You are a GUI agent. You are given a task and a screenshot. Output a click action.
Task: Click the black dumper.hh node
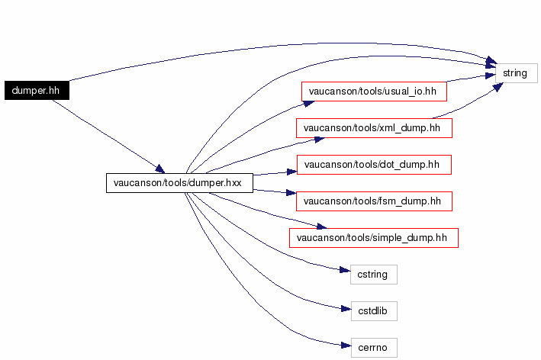coord(36,90)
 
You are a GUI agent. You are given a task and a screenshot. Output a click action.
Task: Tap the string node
coord(516,73)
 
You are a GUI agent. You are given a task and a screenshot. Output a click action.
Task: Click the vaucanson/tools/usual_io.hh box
coord(373,91)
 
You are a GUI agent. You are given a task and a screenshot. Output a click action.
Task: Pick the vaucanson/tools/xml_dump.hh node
coord(374,127)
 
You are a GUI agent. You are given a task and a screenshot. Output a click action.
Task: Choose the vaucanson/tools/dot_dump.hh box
coord(373,164)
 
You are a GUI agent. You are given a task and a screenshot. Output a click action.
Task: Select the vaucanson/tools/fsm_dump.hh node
coord(373,201)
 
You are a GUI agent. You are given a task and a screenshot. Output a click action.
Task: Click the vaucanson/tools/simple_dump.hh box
coord(373,237)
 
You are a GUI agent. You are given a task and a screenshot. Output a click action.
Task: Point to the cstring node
coord(373,274)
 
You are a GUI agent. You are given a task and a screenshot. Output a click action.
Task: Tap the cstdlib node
coord(373,310)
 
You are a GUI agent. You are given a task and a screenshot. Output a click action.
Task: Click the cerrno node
coord(373,347)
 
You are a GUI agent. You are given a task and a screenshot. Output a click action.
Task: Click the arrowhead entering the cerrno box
coord(345,347)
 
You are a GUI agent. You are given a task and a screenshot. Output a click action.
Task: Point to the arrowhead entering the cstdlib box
coord(345,309)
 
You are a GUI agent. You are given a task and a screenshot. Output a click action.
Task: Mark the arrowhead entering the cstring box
coord(345,271)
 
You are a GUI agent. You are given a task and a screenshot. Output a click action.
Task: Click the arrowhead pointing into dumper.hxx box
coord(159,169)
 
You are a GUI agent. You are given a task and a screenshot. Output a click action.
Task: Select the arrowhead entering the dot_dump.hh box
coord(291,171)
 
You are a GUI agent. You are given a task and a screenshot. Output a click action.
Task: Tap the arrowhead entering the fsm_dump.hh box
coord(291,196)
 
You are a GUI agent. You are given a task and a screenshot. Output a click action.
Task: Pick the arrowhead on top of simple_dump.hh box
coord(320,226)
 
